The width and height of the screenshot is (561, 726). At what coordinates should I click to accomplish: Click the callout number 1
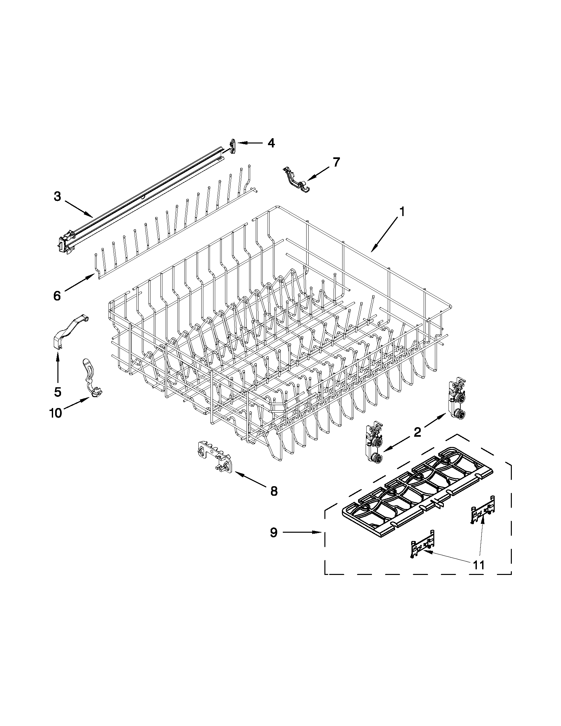pyautogui.click(x=402, y=212)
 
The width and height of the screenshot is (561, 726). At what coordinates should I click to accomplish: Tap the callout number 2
pyautogui.click(x=417, y=432)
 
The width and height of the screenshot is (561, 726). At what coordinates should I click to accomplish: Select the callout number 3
pyautogui.click(x=57, y=197)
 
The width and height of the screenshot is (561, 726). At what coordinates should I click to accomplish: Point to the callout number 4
pyautogui.click(x=271, y=143)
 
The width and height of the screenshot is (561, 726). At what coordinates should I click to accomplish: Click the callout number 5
pyautogui.click(x=57, y=392)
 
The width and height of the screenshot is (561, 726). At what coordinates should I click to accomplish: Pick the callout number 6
pyautogui.click(x=57, y=296)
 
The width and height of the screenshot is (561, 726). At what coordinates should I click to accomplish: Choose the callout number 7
pyautogui.click(x=336, y=162)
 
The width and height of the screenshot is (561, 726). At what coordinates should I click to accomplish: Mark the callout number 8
pyautogui.click(x=273, y=490)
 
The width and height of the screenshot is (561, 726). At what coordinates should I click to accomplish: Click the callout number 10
pyautogui.click(x=55, y=413)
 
